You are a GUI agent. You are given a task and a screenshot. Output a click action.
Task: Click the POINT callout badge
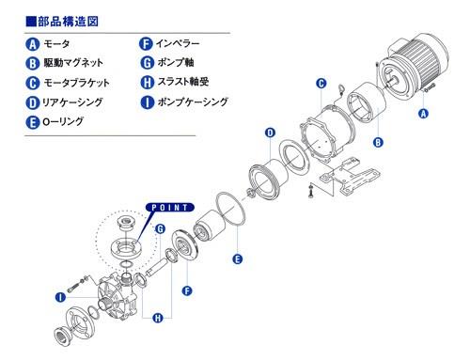coord(170,208)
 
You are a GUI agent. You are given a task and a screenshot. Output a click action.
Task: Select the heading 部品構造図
coord(68,22)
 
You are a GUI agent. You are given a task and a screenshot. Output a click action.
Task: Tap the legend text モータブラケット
coord(76,83)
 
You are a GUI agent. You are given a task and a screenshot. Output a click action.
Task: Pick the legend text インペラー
coord(178,43)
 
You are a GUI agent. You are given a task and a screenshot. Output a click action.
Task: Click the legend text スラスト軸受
coord(183,82)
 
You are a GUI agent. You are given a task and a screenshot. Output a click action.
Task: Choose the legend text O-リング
coord(63,121)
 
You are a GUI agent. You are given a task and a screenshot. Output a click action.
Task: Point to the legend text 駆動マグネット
coord(73,63)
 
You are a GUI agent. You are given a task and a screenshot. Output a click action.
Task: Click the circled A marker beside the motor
coord(423,113)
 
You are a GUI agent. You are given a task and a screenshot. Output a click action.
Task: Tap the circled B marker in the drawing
coord(378,143)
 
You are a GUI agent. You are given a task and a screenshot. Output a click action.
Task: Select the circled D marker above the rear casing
coord(270,133)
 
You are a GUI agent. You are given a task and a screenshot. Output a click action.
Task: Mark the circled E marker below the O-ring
coord(238,259)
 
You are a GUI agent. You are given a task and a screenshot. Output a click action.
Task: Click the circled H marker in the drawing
coord(158,319)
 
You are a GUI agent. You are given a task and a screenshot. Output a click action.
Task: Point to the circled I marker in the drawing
coord(60,297)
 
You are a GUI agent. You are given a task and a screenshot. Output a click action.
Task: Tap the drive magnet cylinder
coord(366,102)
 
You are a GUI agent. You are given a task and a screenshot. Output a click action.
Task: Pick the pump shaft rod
coord(159,266)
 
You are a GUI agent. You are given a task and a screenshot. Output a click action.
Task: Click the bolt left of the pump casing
coord(75,285)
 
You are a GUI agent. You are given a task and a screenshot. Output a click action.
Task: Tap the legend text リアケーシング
coord(72,102)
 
